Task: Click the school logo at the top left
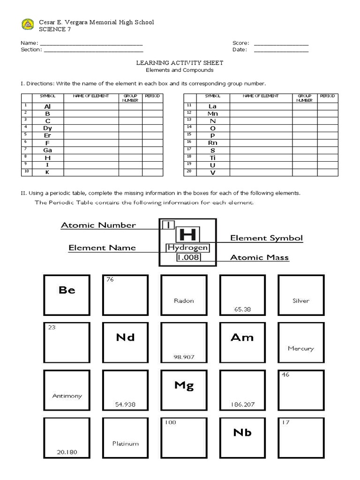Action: pyautogui.click(x=28, y=24)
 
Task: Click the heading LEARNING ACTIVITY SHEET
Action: pyautogui.click(x=180, y=62)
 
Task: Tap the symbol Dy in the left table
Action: pyautogui.click(x=47, y=128)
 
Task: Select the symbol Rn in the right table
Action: pyautogui.click(x=213, y=142)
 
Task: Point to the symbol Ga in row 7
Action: pyautogui.click(x=47, y=150)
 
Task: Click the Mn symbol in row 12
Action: pyautogui.click(x=213, y=113)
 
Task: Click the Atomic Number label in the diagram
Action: pyautogui.click(x=98, y=225)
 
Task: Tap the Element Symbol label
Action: pyautogui.click(x=266, y=238)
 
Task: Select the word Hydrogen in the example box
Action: pyautogui.click(x=187, y=247)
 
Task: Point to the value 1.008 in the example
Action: pyautogui.click(x=187, y=257)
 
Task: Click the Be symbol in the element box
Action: pyautogui.click(x=67, y=290)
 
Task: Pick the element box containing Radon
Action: pyautogui.click(x=184, y=295)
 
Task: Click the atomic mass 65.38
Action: pyautogui.click(x=242, y=309)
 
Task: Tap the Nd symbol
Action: pyautogui.click(x=125, y=337)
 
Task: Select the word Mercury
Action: pyautogui.click(x=300, y=348)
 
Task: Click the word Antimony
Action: pyautogui.click(x=67, y=396)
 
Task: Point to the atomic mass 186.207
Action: pyautogui.click(x=242, y=404)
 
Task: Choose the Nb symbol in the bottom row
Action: pyautogui.click(x=242, y=433)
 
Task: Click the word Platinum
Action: pyautogui.click(x=125, y=443)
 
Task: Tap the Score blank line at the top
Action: pyautogui.click(x=281, y=44)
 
